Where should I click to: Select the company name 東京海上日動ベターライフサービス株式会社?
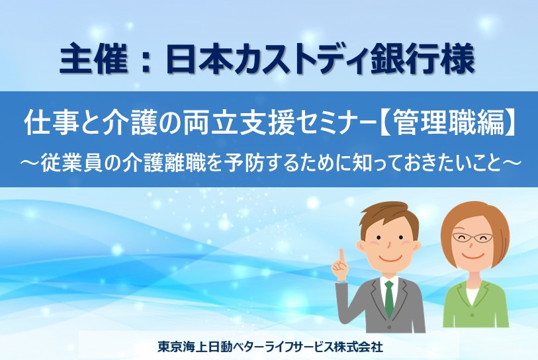click(270, 347)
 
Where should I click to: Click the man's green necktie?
click(389, 298)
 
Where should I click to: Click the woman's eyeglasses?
click(472, 237)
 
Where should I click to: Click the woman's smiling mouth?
click(472, 256)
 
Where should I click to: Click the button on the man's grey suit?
click(388, 326)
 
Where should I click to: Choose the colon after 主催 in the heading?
click(146, 62)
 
